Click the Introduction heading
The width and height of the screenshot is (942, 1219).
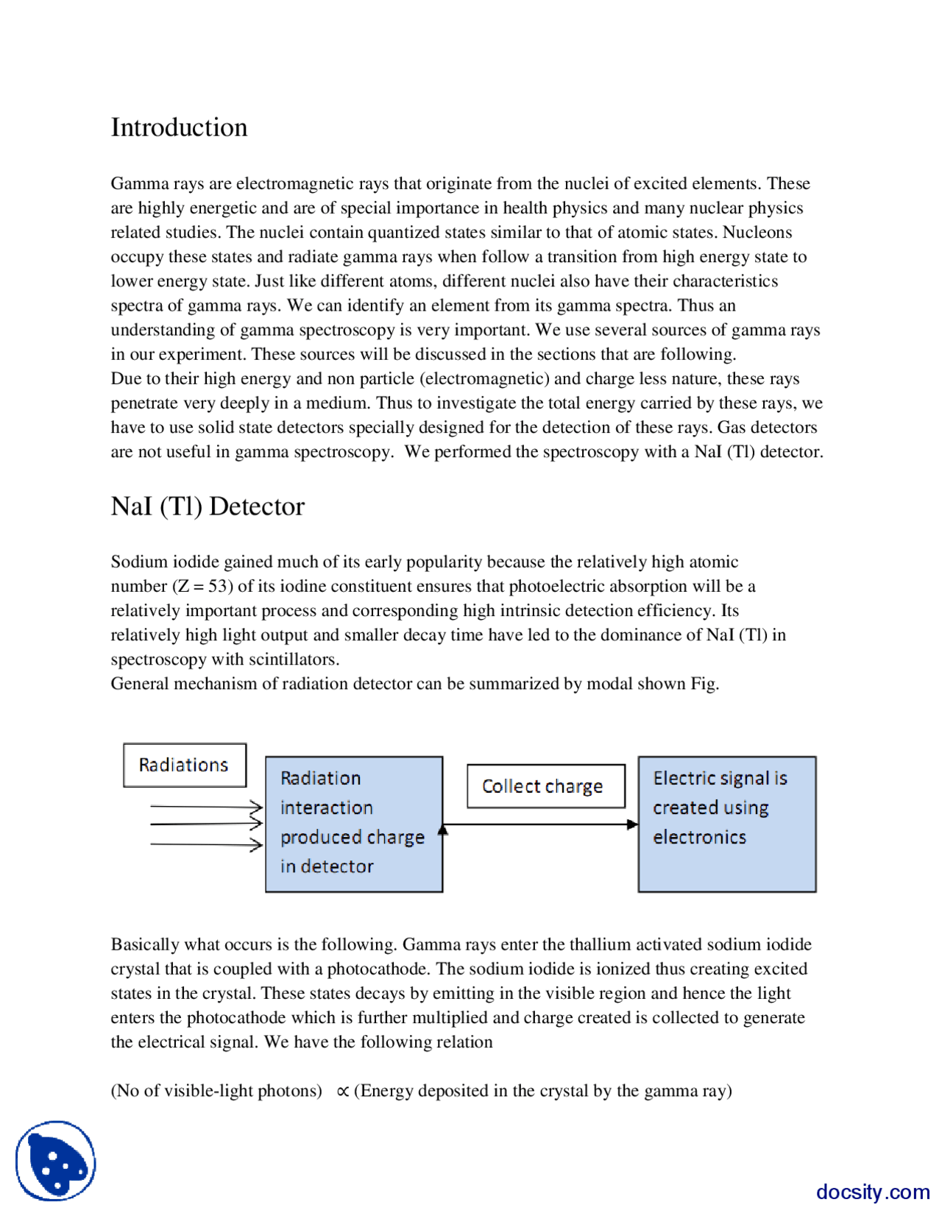pos(179,127)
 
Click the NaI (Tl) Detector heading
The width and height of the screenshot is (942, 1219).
pos(207,506)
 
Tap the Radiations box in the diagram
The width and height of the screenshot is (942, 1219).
pos(184,765)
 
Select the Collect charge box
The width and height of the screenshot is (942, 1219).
pos(545,786)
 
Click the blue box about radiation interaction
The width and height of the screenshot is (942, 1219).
pos(353,824)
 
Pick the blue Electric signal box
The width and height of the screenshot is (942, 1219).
pos(726,824)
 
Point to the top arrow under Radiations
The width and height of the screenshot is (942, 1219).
pos(206,807)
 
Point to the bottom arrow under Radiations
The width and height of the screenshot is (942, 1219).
pos(206,844)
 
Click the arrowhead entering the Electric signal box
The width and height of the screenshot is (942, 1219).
pos(632,824)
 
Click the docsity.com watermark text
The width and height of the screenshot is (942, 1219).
pos(872,1191)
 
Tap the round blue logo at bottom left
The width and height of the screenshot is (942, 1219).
pos(56,1160)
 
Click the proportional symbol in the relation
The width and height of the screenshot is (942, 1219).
pos(342,1092)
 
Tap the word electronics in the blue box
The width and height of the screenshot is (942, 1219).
pos(699,837)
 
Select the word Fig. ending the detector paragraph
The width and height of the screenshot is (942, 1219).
pos(704,684)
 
